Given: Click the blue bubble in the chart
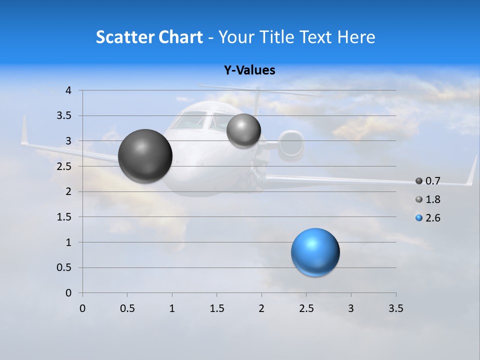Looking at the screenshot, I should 315,252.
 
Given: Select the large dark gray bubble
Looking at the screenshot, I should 145,156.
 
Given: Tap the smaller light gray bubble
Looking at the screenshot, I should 243,130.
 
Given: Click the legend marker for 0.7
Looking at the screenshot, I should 419,181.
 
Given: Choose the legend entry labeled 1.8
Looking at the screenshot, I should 432,199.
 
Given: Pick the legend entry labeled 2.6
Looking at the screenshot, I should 432,218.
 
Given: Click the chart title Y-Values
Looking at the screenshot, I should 249,70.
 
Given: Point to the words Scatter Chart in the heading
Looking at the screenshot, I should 149,37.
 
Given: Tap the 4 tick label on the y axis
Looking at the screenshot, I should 68,90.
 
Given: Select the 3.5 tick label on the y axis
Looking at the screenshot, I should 65,116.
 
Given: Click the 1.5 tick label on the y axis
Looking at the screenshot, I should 65,217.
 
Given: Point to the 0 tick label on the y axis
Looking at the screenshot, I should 68,293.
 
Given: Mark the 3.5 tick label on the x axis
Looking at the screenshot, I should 395,308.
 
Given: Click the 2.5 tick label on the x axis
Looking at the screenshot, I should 306,308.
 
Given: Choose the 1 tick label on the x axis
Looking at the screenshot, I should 172,308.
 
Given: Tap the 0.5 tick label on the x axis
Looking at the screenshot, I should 127,308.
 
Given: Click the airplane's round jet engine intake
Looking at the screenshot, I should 291,145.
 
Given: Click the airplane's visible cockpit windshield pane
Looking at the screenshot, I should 190,120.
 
